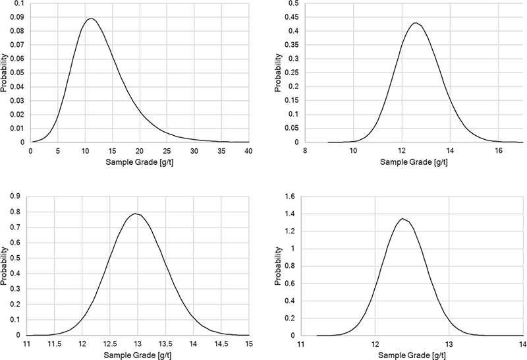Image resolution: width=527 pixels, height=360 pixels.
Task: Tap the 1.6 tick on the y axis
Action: (x=290, y=196)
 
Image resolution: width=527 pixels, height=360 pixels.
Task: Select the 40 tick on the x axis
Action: (x=249, y=151)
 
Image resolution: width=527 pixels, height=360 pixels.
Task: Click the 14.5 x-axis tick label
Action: (x=221, y=344)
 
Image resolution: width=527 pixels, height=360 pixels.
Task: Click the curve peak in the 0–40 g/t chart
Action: (x=91, y=18)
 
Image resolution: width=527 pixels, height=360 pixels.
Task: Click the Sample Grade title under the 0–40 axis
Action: (x=140, y=162)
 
